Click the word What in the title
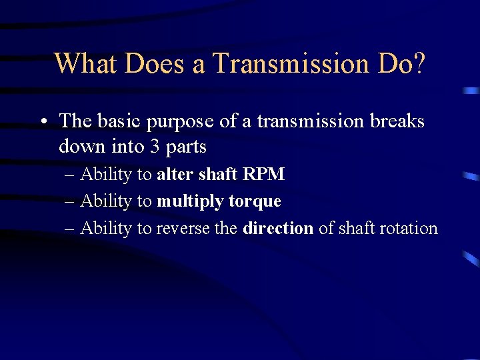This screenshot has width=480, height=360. click(x=85, y=63)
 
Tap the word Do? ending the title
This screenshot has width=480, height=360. click(x=402, y=63)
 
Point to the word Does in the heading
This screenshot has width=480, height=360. click(x=160, y=63)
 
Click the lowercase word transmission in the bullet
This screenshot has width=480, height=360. click(x=311, y=121)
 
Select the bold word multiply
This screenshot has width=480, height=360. click(x=190, y=202)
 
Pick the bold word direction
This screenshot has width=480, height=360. click(x=278, y=229)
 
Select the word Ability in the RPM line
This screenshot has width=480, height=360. click(x=106, y=175)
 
